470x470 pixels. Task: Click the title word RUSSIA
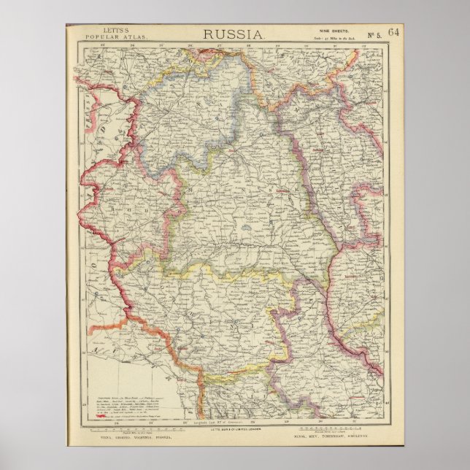[x=234, y=34]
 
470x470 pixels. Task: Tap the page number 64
[x=394, y=32]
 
